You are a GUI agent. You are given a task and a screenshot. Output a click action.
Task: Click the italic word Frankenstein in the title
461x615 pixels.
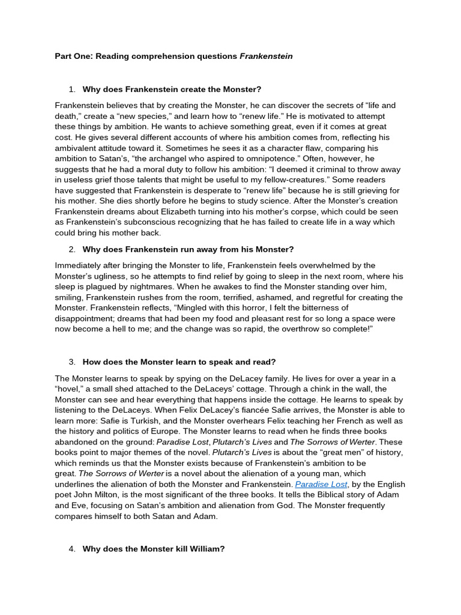266,56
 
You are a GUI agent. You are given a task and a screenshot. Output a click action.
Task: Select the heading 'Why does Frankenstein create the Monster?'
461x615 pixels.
172,89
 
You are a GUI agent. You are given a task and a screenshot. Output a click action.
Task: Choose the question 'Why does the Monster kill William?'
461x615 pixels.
153,548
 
